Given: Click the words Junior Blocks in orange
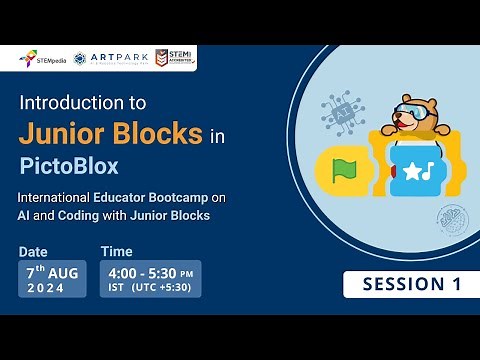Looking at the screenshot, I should pos(111,133).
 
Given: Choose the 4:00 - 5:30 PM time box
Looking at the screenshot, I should pos(150,278).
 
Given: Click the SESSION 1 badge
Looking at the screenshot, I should pos(405,284).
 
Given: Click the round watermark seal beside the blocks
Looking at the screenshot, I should pos(449,218).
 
